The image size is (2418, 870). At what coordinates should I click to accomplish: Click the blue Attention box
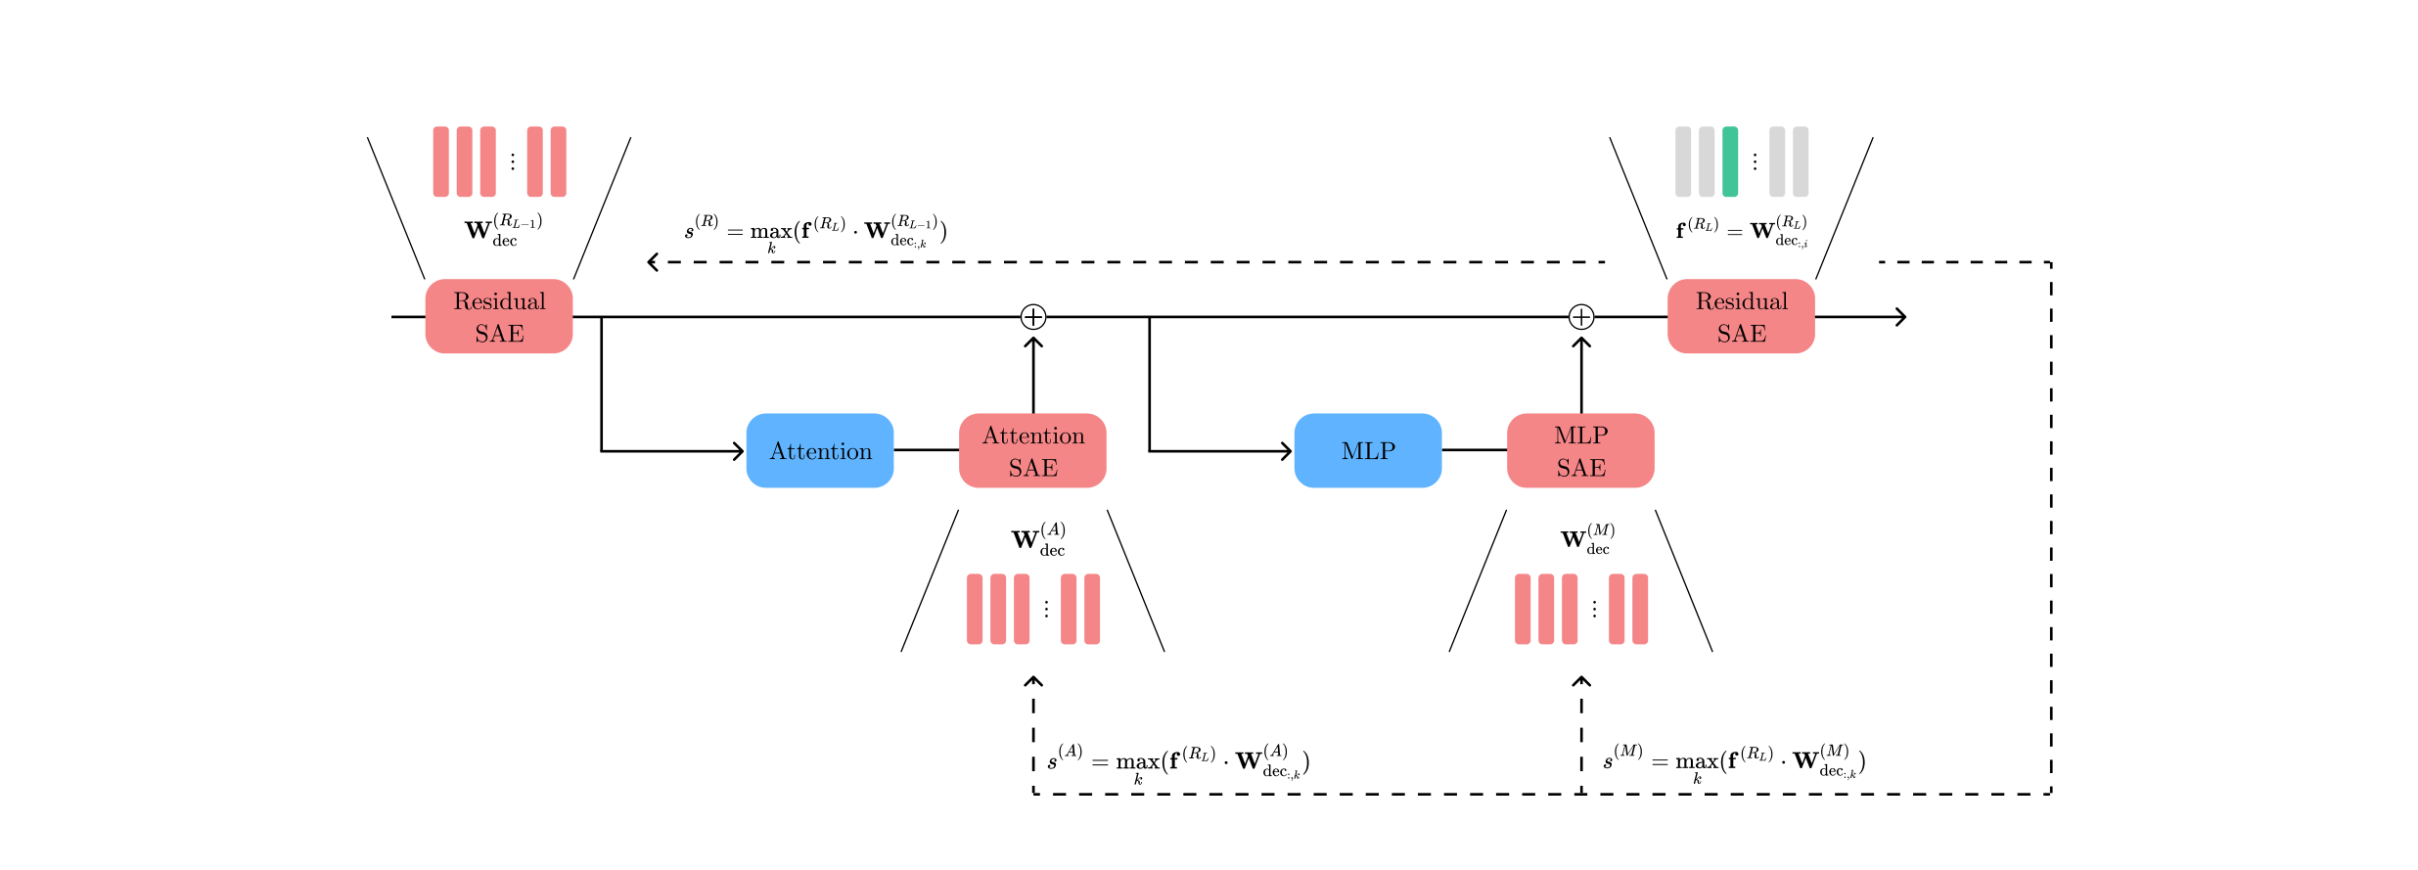(x=819, y=450)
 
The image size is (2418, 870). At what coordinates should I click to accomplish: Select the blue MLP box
(x=1367, y=450)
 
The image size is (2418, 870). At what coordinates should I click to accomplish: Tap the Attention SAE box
(x=1032, y=450)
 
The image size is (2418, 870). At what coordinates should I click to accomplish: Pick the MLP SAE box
(x=1580, y=450)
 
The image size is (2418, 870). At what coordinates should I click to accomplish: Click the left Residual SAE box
(x=499, y=316)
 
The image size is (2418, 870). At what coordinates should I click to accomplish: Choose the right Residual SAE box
(x=1741, y=316)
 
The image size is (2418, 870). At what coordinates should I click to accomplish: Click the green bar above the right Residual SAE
(x=1730, y=161)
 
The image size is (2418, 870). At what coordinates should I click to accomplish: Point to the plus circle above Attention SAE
(x=1033, y=316)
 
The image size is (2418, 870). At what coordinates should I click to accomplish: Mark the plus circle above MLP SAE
(x=1581, y=316)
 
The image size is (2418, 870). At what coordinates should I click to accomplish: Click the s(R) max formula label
(x=815, y=232)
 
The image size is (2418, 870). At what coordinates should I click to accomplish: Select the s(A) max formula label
(x=1178, y=761)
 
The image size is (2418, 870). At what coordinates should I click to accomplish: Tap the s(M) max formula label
(x=1734, y=761)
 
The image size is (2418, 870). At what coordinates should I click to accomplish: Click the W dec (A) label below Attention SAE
(x=1038, y=539)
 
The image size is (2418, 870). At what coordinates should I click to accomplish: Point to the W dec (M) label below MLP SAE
(x=1587, y=539)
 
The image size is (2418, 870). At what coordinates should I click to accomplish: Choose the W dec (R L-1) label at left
(x=503, y=230)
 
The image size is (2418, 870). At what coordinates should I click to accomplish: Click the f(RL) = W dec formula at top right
(x=1742, y=230)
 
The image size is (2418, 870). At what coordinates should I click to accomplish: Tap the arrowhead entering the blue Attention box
(x=740, y=451)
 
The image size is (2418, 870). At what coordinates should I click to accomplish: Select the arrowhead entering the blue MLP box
(x=1288, y=451)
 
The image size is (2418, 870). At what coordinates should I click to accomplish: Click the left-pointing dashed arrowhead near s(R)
(x=653, y=262)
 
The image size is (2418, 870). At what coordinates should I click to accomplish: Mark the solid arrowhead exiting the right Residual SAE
(x=1901, y=316)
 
